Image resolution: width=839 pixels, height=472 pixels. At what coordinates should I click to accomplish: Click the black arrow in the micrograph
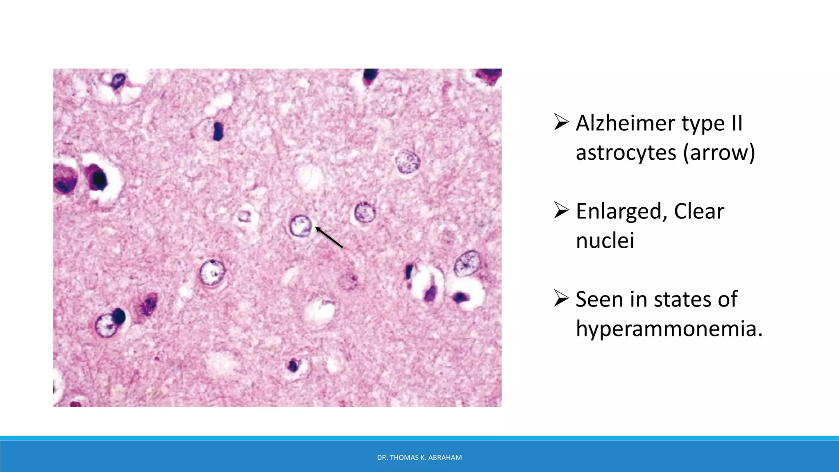329,238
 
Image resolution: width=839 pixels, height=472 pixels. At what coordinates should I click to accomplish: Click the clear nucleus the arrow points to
300,226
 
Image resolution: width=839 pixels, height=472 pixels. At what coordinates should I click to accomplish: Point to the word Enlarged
619,211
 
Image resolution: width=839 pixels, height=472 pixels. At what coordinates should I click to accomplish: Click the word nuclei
605,241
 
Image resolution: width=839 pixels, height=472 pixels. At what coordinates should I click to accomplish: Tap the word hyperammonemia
669,329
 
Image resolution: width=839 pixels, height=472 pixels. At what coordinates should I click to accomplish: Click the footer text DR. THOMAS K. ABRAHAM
419,458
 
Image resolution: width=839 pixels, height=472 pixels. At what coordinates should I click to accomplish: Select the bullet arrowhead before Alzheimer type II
561,122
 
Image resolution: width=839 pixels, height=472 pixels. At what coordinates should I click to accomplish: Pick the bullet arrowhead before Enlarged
561,210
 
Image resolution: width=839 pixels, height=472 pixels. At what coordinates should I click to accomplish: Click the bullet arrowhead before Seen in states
561,298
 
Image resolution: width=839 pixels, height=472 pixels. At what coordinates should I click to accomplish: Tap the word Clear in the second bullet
699,211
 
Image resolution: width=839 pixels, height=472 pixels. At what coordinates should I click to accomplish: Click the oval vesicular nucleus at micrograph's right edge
467,263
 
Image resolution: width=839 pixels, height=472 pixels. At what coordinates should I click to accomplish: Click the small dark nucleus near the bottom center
293,365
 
